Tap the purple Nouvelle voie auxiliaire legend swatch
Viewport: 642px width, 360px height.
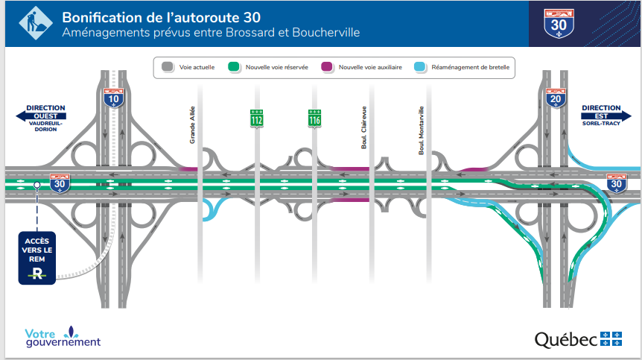pyautogui.click(x=326, y=67)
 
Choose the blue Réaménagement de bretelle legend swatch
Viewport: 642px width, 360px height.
pyautogui.click(x=419, y=67)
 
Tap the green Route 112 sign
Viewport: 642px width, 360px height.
pyautogui.click(x=256, y=118)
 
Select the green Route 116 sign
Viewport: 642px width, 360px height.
pyautogui.click(x=315, y=118)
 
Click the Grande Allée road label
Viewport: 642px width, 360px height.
pyautogui.click(x=192, y=124)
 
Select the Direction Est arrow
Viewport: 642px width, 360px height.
pyautogui.click(x=606, y=116)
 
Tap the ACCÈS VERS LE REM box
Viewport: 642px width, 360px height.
pyautogui.click(x=36, y=258)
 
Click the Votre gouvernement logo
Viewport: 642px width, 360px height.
pyautogui.click(x=62, y=336)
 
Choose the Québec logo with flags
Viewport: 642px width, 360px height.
pyautogui.click(x=577, y=338)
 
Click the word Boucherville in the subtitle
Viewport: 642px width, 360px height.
pyautogui.click(x=325, y=34)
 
